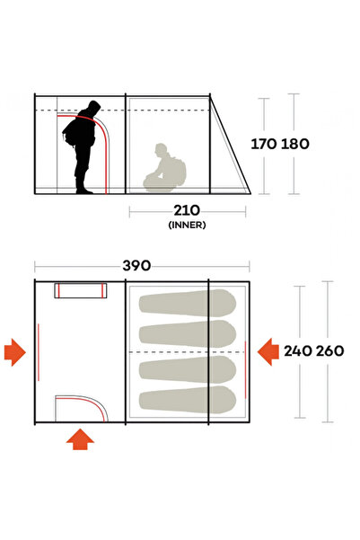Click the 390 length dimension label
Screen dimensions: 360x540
click(x=136, y=266)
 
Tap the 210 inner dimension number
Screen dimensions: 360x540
click(x=187, y=210)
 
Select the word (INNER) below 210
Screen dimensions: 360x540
click(x=187, y=225)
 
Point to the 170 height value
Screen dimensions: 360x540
click(x=263, y=144)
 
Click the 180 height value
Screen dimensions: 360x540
click(x=295, y=144)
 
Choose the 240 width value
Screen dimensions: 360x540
click(x=298, y=351)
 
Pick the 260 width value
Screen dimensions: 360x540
click(x=329, y=351)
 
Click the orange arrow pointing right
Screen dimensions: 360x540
click(x=14, y=352)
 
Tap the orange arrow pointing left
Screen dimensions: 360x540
click(x=268, y=352)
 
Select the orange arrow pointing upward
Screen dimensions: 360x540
click(x=80, y=439)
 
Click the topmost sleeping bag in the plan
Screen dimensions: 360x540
click(x=188, y=303)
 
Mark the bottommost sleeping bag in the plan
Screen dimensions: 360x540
click(x=188, y=400)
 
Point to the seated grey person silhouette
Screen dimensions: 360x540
click(x=164, y=169)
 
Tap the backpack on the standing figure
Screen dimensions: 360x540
click(x=69, y=134)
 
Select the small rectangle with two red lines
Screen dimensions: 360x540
click(x=81, y=290)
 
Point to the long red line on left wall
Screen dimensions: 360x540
click(x=39, y=352)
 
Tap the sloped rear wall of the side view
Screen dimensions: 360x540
click(x=230, y=145)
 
